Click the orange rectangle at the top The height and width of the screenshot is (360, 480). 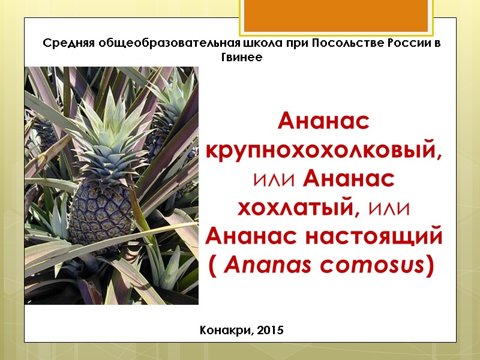pos(335,16)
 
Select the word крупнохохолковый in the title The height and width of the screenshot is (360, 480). pos(324,150)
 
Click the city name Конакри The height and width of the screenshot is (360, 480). pos(223,331)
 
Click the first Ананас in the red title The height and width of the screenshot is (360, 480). pos(324,122)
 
